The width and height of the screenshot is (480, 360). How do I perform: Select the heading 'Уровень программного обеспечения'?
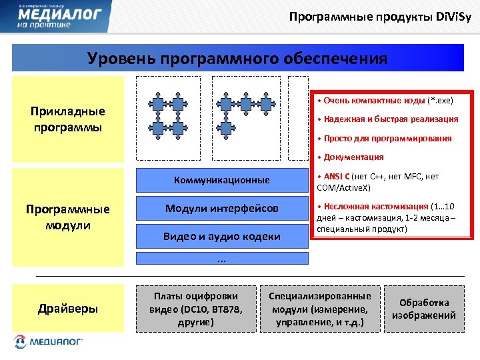coord(237,58)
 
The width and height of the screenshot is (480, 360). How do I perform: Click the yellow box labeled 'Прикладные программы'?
coord(68,119)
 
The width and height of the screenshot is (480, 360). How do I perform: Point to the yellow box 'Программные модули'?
coord(68,217)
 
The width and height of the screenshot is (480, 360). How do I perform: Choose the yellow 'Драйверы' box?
coord(68,308)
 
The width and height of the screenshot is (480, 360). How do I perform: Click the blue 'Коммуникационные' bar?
coord(222,180)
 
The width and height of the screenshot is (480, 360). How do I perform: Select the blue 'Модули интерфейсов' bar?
coord(222,209)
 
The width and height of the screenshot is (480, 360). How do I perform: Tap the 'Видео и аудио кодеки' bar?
coord(222,237)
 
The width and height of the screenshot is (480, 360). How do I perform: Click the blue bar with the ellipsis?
coord(222,258)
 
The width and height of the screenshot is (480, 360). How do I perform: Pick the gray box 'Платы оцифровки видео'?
coord(196,308)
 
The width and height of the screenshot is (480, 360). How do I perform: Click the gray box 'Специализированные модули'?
coord(320,308)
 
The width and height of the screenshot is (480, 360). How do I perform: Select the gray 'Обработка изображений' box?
coord(424,309)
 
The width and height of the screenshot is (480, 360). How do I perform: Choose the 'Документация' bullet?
coord(353,157)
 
